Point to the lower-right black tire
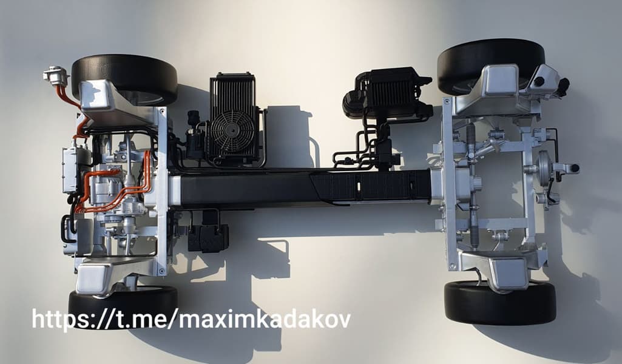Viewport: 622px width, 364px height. point(500,303)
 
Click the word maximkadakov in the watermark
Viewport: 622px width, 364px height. point(265,320)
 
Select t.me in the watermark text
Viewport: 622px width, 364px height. point(138,320)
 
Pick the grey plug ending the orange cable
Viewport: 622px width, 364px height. point(56,75)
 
